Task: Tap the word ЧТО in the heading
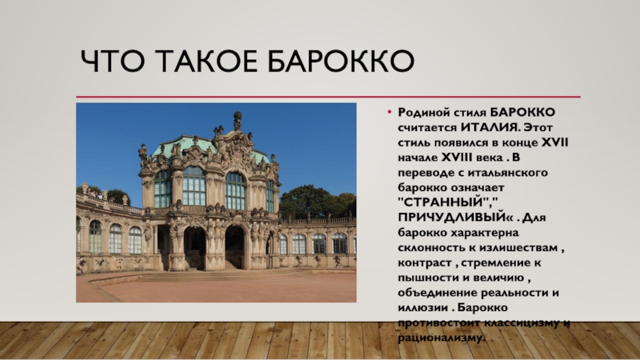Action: point(112,62)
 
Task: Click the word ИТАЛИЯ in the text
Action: point(490,127)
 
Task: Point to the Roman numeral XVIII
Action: point(456,158)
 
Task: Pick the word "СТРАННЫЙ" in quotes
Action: point(446,202)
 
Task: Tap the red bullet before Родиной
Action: point(390,112)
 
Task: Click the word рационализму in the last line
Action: point(442,338)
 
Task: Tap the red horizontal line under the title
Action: point(328,97)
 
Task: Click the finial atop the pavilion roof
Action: point(237,119)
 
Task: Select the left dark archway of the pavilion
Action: point(194,248)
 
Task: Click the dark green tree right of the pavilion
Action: point(316,202)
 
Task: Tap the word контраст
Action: point(425,263)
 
